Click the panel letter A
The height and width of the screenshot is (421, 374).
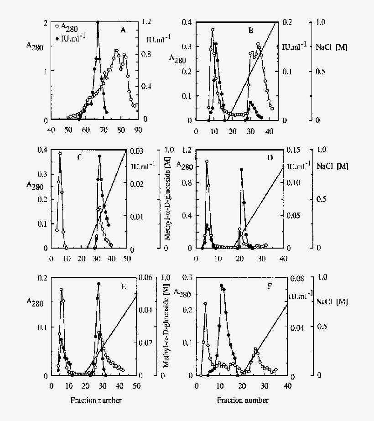tap(123, 31)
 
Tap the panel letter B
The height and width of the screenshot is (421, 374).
tap(251, 31)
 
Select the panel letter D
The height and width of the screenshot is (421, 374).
tap(270, 158)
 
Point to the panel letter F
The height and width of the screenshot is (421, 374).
tap(270, 287)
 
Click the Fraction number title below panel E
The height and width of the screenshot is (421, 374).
tap(96, 400)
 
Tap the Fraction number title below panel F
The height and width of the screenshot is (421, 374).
tap(243, 400)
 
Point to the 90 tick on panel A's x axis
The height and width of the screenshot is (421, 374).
tap(138, 130)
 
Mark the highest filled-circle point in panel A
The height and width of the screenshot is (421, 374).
tap(98, 22)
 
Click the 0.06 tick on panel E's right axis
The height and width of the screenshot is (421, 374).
tap(146, 278)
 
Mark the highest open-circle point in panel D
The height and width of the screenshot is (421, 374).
tap(207, 161)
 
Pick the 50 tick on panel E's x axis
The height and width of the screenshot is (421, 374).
tap(136, 385)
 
